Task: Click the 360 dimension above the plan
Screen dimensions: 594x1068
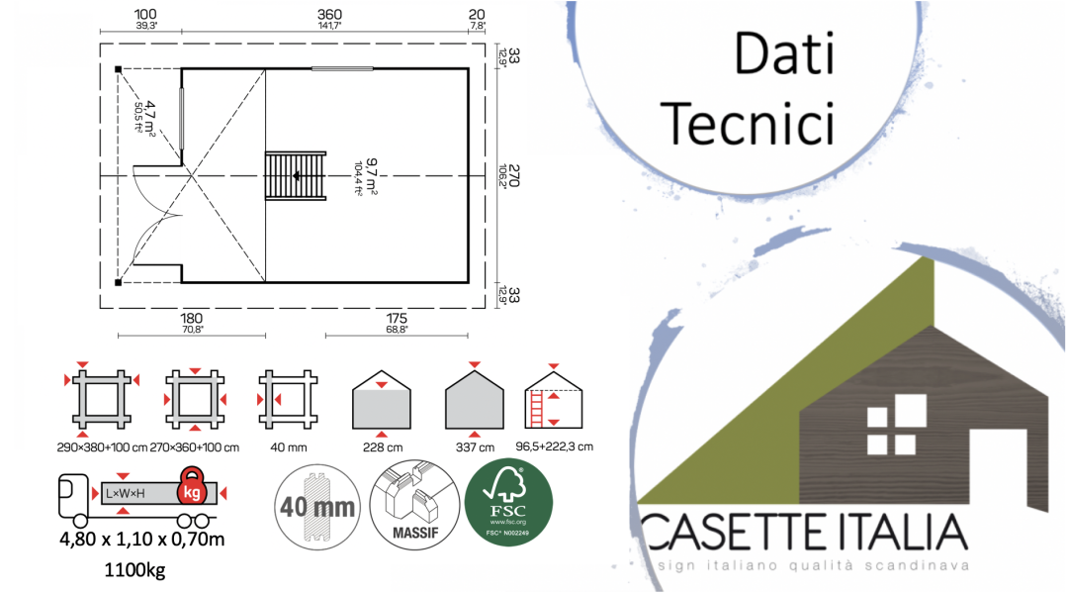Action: click(x=329, y=14)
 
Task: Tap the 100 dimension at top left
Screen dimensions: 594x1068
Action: click(x=147, y=14)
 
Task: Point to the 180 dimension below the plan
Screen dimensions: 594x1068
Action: click(x=191, y=318)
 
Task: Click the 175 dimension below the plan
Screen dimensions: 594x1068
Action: click(x=395, y=318)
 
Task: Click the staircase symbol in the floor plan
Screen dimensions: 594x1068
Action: click(x=295, y=176)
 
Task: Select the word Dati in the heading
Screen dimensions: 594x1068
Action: click(x=783, y=53)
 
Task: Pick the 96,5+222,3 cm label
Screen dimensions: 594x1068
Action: click(x=555, y=446)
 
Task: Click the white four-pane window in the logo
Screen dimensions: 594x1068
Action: click(x=893, y=430)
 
